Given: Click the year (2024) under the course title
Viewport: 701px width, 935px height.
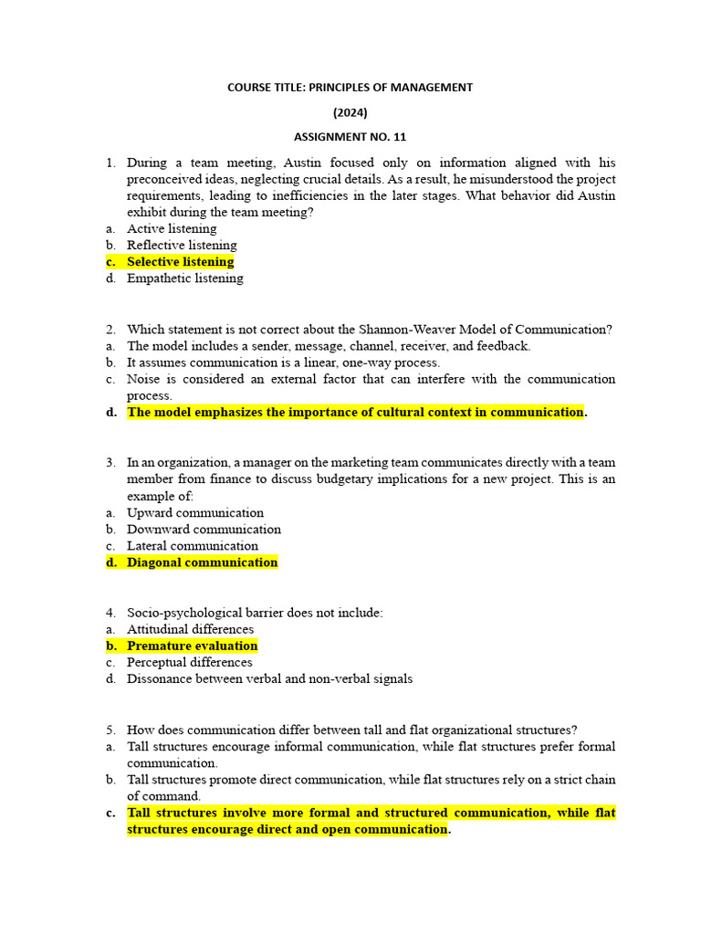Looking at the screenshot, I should [350, 112].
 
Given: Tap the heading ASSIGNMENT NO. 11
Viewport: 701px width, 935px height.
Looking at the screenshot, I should [350, 137].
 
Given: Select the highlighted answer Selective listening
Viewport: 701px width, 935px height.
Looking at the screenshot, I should [180, 262].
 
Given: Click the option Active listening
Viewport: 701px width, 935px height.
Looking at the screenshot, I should [172, 228].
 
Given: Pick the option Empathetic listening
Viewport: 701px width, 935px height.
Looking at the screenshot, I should [184, 278].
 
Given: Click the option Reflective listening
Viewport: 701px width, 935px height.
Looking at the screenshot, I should [182, 245].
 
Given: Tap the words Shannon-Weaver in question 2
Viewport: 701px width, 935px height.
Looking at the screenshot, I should [402, 329].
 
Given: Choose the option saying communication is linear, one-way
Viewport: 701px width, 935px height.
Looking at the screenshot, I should [283, 362].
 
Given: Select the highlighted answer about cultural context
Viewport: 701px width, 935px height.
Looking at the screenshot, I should [355, 412].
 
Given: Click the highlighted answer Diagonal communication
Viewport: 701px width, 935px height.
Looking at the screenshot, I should [202, 562].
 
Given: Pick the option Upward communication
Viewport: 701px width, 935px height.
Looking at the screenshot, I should [195, 512].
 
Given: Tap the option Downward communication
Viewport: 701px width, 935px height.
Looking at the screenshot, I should [204, 529].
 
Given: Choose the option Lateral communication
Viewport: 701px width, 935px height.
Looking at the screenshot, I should [193, 546].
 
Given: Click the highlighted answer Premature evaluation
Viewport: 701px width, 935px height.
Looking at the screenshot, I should [192, 646].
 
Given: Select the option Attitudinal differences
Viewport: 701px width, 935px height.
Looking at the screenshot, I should [190, 629].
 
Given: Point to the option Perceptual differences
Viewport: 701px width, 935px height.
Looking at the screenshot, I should [189, 662].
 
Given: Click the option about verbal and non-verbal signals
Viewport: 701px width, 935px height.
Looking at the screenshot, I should [269, 678].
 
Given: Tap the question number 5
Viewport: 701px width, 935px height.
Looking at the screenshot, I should [110, 730].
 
